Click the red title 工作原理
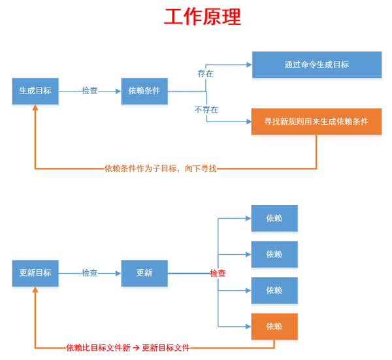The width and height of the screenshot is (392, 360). tap(202, 18)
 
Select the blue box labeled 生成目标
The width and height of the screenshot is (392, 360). tap(35, 91)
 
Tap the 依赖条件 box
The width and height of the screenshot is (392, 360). tap(144, 91)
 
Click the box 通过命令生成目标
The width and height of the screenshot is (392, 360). tap(316, 65)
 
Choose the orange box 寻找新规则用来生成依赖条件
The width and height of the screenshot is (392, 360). tap(316, 122)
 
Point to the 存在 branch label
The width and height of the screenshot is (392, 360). tap(205, 74)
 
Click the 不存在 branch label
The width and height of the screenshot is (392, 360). tap(206, 110)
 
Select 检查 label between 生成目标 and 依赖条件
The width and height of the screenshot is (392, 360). tap(90, 91)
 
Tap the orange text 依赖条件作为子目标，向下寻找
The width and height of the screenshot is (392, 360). tap(160, 169)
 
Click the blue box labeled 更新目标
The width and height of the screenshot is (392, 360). tap(35, 273)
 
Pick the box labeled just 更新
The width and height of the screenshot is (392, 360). tap(144, 273)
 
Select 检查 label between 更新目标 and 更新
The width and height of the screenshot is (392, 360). tap(90, 273)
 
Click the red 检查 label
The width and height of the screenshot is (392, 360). tap(218, 273)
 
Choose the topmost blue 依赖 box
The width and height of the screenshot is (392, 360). tap(274, 218)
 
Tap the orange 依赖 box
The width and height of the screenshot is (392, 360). tap(274, 326)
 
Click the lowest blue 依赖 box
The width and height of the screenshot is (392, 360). tap(274, 290)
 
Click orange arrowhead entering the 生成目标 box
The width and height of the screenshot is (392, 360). tap(35, 108)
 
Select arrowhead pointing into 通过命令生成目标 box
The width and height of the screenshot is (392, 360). tap(248, 65)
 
